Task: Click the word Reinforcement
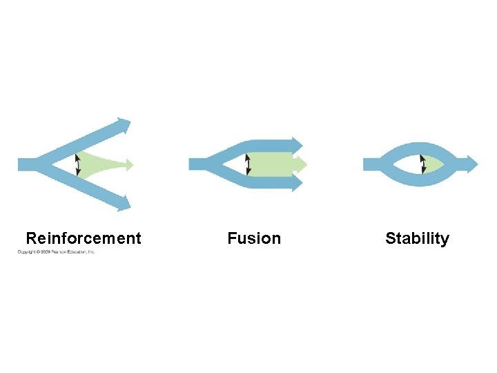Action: (x=83, y=238)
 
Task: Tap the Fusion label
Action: (x=254, y=238)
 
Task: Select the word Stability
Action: (x=417, y=238)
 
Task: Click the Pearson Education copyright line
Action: (x=57, y=252)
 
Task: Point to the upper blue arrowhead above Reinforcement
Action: (x=124, y=126)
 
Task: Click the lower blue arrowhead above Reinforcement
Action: (x=124, y=203)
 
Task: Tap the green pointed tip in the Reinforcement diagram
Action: (x=128, y=164)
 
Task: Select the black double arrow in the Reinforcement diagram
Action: (x=77, y=164)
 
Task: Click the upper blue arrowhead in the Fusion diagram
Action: (x=297, y=144)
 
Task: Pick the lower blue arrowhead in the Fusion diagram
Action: (x=297, y=183)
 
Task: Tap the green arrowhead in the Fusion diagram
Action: (x=300, y=164)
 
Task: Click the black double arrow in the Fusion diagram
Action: (x=248, y=164)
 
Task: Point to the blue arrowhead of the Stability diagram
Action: (x=471, y=164)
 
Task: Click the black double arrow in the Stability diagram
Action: (x=423, y=164)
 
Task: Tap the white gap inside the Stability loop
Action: (x=404, y=164)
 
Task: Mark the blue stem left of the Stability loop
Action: (x=373, y=164)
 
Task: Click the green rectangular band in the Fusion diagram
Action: (x=273, y=164)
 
